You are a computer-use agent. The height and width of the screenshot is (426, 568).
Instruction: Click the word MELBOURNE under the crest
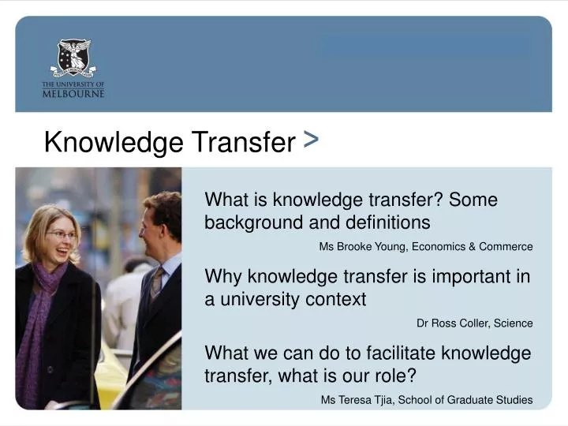click(x=73, y=93)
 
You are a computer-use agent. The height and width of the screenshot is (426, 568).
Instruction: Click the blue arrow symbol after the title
click(x=310, y=140)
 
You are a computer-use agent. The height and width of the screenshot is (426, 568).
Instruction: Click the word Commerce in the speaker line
click(x=508, y=247)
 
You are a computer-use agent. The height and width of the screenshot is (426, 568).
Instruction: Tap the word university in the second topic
click(x=257, y=299)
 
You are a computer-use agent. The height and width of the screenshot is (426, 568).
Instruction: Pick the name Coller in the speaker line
click(x=466, y=323)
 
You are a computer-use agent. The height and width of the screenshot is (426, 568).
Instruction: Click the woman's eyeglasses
click(x=62, y=234)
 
